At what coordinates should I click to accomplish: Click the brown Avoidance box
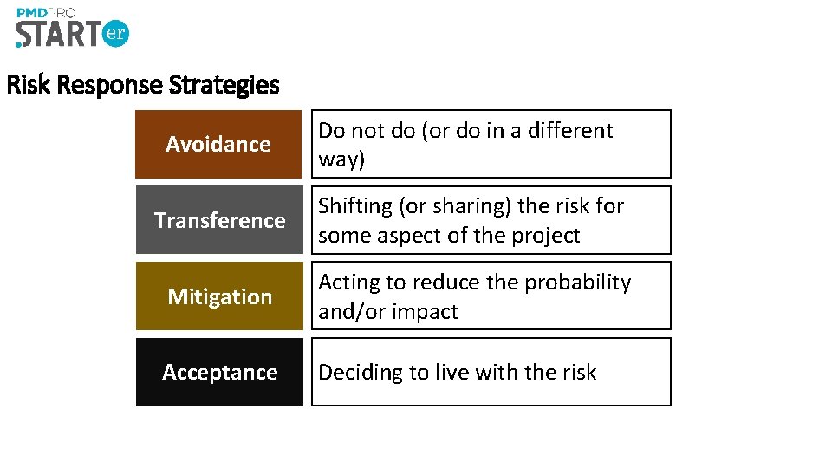click(219, 144)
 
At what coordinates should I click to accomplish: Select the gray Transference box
click(219, 220)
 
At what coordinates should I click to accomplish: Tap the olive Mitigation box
click(219, 296)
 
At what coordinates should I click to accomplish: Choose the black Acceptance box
click(219, 372)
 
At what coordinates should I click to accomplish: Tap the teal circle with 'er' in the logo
click(115, 34)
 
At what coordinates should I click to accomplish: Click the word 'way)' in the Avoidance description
click(341, 159)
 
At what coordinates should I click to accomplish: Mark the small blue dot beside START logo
click(18, 43)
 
